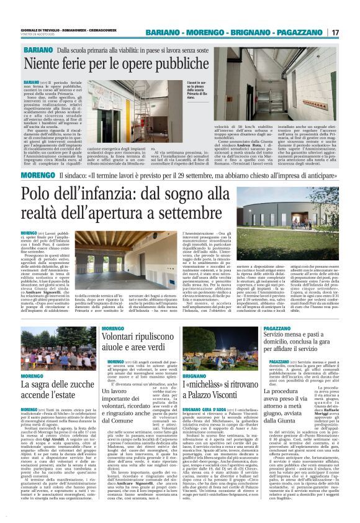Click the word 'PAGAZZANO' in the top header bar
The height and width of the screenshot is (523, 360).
click(x=304, y=32)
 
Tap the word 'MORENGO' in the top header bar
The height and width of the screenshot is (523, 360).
click(x=198, y=32)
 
